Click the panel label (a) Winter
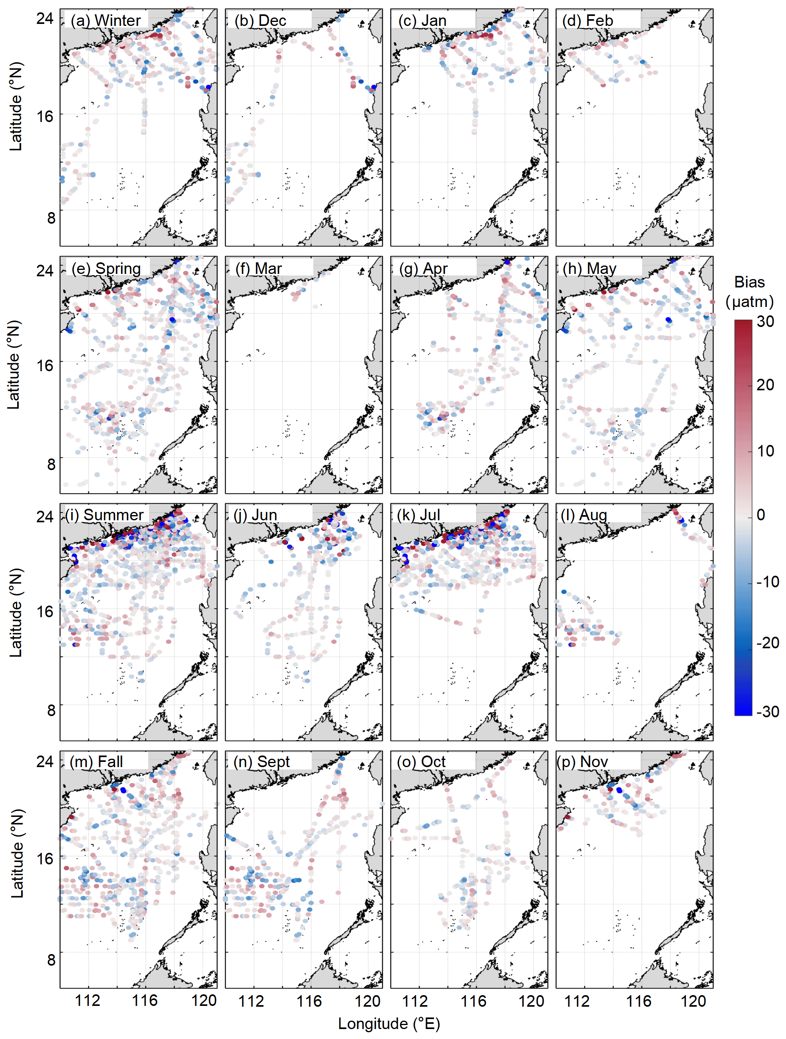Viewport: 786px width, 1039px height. point(105,21)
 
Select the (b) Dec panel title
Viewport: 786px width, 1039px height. point(260,21)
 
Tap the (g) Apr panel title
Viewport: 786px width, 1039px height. point(423,269)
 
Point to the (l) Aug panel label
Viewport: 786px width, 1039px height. point(584,515)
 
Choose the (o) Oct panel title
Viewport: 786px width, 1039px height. point(421,762)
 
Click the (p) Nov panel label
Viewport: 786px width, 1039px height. point(582,762)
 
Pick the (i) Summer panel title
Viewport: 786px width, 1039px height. point(104,515)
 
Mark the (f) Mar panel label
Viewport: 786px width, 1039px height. point(258,269)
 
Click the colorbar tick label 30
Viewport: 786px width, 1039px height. point(765,322)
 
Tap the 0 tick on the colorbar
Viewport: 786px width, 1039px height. point(760,515)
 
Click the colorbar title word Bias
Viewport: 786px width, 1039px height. point(749,282)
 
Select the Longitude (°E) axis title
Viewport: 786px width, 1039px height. point(389,1024)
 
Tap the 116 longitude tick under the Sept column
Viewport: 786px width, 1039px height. point(309,1001)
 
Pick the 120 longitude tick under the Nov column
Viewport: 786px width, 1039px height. point(693,1001)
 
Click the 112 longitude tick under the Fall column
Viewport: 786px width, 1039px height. point(88,1001)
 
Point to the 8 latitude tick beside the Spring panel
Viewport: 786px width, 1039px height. point(51,464)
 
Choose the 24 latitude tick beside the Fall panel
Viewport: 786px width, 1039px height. point(45,762)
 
